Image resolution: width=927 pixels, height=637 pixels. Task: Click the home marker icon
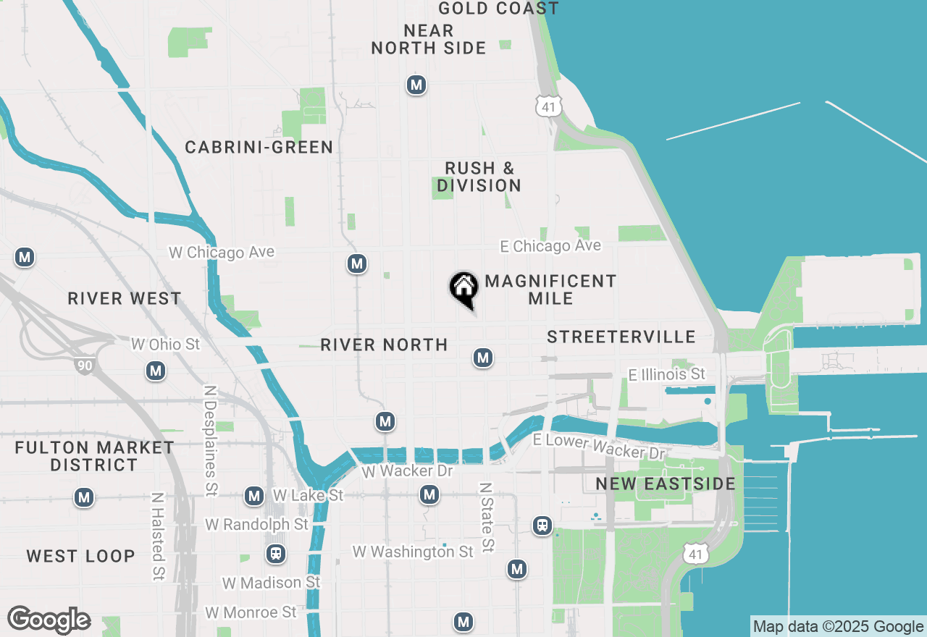(x=464, y=288)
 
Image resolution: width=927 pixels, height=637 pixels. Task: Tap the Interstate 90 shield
(x=85, y=366)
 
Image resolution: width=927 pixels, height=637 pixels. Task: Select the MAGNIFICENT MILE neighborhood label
(x=550, y=290)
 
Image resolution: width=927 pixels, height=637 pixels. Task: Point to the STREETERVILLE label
(x=621, y=337)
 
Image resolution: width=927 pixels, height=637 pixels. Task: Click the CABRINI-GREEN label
(x=259, y=148)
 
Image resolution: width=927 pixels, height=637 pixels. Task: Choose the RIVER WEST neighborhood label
(x=125, y=299)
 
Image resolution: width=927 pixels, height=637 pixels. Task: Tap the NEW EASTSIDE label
(x=666, y=484)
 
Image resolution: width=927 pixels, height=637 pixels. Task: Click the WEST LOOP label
(x=81, y=556)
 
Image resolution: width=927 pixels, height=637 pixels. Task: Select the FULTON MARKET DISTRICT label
(x=95, y=456)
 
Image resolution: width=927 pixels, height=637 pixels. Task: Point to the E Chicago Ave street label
(x=550, y=246)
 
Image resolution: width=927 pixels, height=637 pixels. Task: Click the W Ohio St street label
(x=165, y=344)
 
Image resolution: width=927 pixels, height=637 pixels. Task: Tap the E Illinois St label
(x=666, y=374)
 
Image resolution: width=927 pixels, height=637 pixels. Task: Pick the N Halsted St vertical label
(x=157, y=537)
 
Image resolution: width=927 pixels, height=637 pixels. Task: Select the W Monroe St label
(x=251, y=612)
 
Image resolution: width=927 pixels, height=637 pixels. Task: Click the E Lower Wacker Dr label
(x=599, y=447)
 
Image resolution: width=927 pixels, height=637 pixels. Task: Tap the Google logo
(x=49, y=620)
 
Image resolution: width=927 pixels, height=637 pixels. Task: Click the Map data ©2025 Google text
(x=838, y=627)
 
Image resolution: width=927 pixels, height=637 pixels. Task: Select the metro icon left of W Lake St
(x=254, y=496)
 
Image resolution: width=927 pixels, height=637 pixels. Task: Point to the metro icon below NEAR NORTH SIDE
(x=416, y=85)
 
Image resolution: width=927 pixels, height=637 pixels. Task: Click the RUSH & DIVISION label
(x=479, y=177)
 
